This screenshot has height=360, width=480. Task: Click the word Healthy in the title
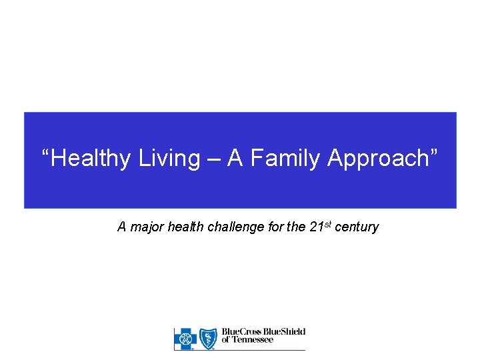[x=91, y=159]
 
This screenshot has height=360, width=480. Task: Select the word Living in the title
[x=170, y=159]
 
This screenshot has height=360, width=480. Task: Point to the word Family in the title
[x=287, y=159]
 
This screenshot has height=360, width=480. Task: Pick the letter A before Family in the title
[x=235, y=159]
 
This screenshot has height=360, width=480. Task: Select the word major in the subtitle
[x=147, y=227]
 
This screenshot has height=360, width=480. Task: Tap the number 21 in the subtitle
[x=317, y=227]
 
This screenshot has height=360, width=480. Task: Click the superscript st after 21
[x=329, y=224]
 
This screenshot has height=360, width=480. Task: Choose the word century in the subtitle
[x=357, y=227]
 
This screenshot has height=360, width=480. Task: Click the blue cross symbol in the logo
[x=186, y=339]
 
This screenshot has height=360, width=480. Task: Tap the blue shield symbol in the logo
[x=209, y=339]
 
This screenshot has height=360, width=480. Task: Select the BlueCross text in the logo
[x=242, y=332]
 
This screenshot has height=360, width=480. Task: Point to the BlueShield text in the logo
[x=285, y=332]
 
